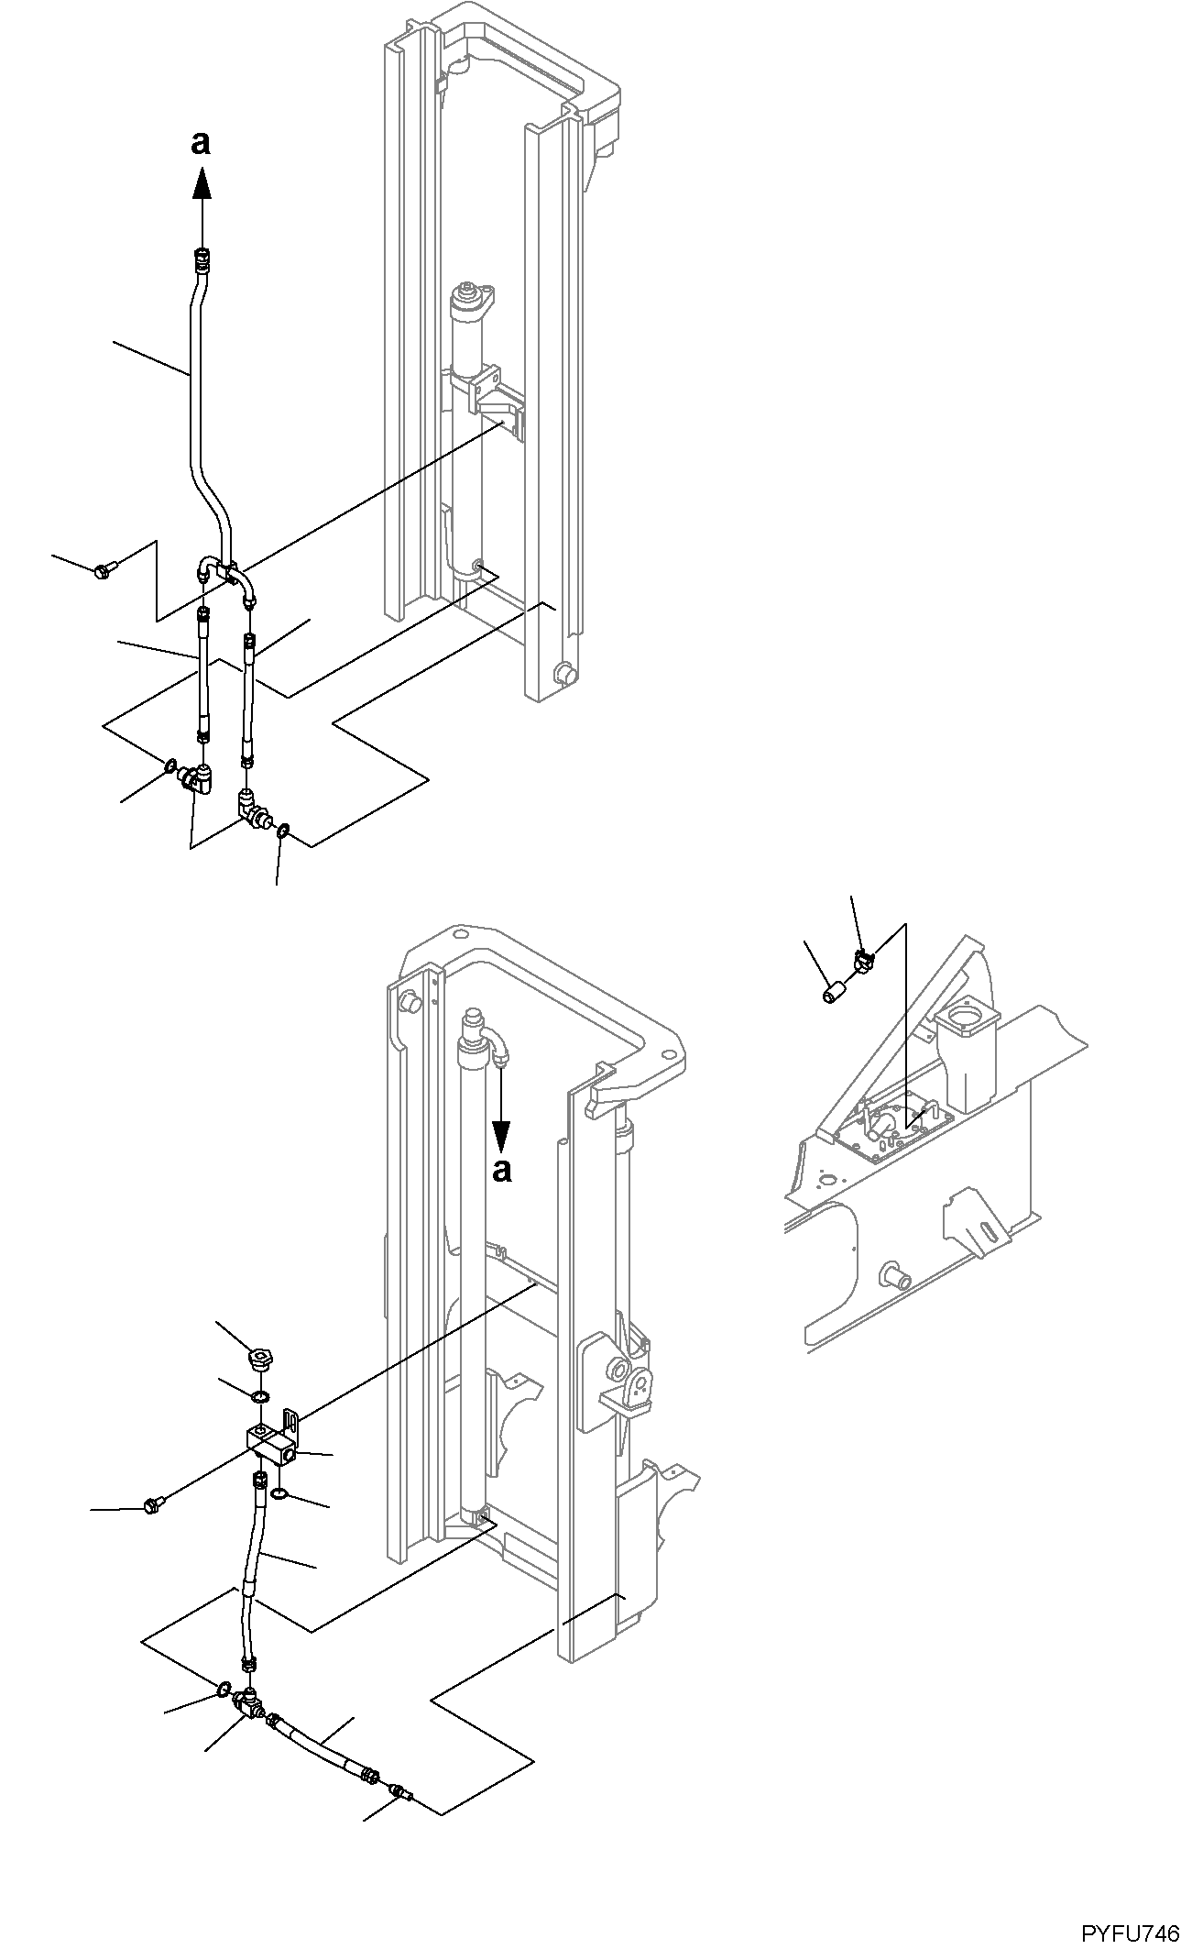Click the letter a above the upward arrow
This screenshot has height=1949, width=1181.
pos(201,142)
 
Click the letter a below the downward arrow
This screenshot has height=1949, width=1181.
pos(501,1171)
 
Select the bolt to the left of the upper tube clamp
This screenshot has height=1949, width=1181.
pos(102,570)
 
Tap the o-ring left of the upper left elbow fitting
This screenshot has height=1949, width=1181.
pos(170,765)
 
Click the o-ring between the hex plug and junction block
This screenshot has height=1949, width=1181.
pos(260,1396)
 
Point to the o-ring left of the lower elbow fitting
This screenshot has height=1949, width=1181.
pos(224,1689)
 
